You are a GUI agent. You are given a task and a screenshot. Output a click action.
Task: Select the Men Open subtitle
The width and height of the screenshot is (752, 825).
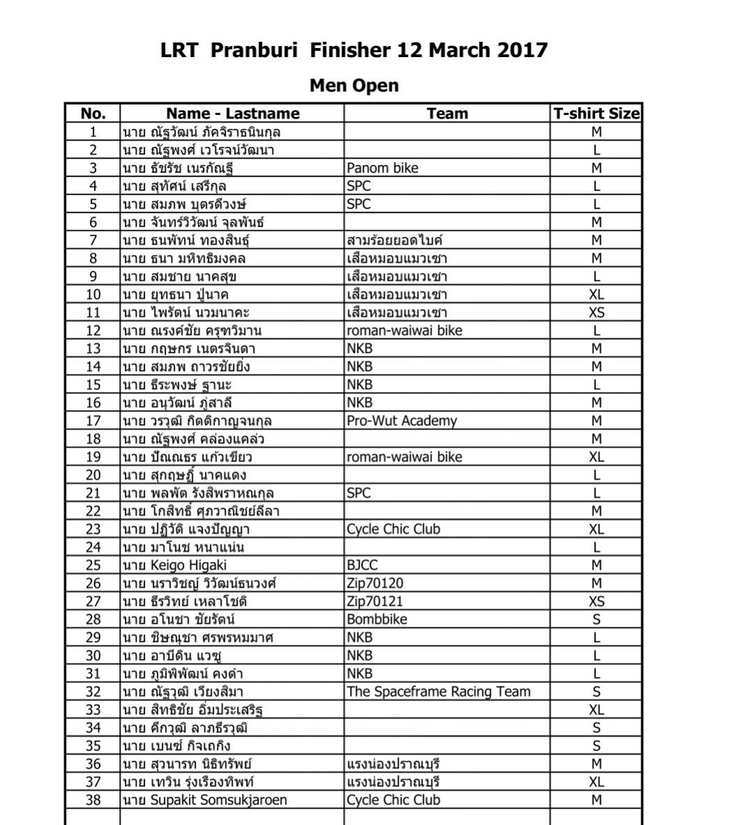click(x=354, y=86)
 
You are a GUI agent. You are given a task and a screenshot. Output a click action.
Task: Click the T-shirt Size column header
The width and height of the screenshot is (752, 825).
click(x=596, y=113)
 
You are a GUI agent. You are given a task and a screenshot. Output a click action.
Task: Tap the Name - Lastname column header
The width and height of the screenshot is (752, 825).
click(x=232, y=113)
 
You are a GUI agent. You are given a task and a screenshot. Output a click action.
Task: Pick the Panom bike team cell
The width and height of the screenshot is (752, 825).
click(x=382, y=168)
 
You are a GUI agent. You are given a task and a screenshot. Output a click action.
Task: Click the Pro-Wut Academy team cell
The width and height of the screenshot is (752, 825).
click(x=401, y=421)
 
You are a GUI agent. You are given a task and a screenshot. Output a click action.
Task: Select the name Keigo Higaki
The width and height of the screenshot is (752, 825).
click(x=188, y=565)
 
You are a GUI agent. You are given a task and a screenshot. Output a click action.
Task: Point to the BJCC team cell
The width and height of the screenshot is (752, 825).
click(x=362, y=565)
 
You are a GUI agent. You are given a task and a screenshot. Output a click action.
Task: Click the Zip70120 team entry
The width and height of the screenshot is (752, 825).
click(x=374, y=583)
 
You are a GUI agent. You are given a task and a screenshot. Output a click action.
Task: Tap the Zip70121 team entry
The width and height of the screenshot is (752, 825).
click(x=374, y=602)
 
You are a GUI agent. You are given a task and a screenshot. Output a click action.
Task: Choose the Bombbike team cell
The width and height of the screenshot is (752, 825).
click(x=376, y=620)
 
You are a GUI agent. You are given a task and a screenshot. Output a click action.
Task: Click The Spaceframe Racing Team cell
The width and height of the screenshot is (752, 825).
click(x=438, y=692)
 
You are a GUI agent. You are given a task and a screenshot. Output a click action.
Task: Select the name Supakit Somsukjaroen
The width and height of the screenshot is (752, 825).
click(x=218, y=800)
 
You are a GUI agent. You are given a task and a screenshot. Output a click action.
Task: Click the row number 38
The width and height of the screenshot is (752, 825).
click(x=93, y=800)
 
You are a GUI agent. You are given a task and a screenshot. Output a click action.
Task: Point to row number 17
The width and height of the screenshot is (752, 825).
click(x=93, y=421)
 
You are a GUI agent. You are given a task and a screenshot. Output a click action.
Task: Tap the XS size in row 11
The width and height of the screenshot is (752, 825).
click(x=596, y=313)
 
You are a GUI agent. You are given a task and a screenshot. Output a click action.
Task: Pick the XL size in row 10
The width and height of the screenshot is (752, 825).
click(x=596, y=294)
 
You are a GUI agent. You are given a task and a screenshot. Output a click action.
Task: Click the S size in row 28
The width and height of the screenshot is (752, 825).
click(x=596, y=620)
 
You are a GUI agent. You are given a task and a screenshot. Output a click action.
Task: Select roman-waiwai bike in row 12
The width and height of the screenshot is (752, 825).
click(x=404, y=331)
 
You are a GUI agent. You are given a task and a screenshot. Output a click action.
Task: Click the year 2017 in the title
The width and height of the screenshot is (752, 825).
click(x=523, y=51)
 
